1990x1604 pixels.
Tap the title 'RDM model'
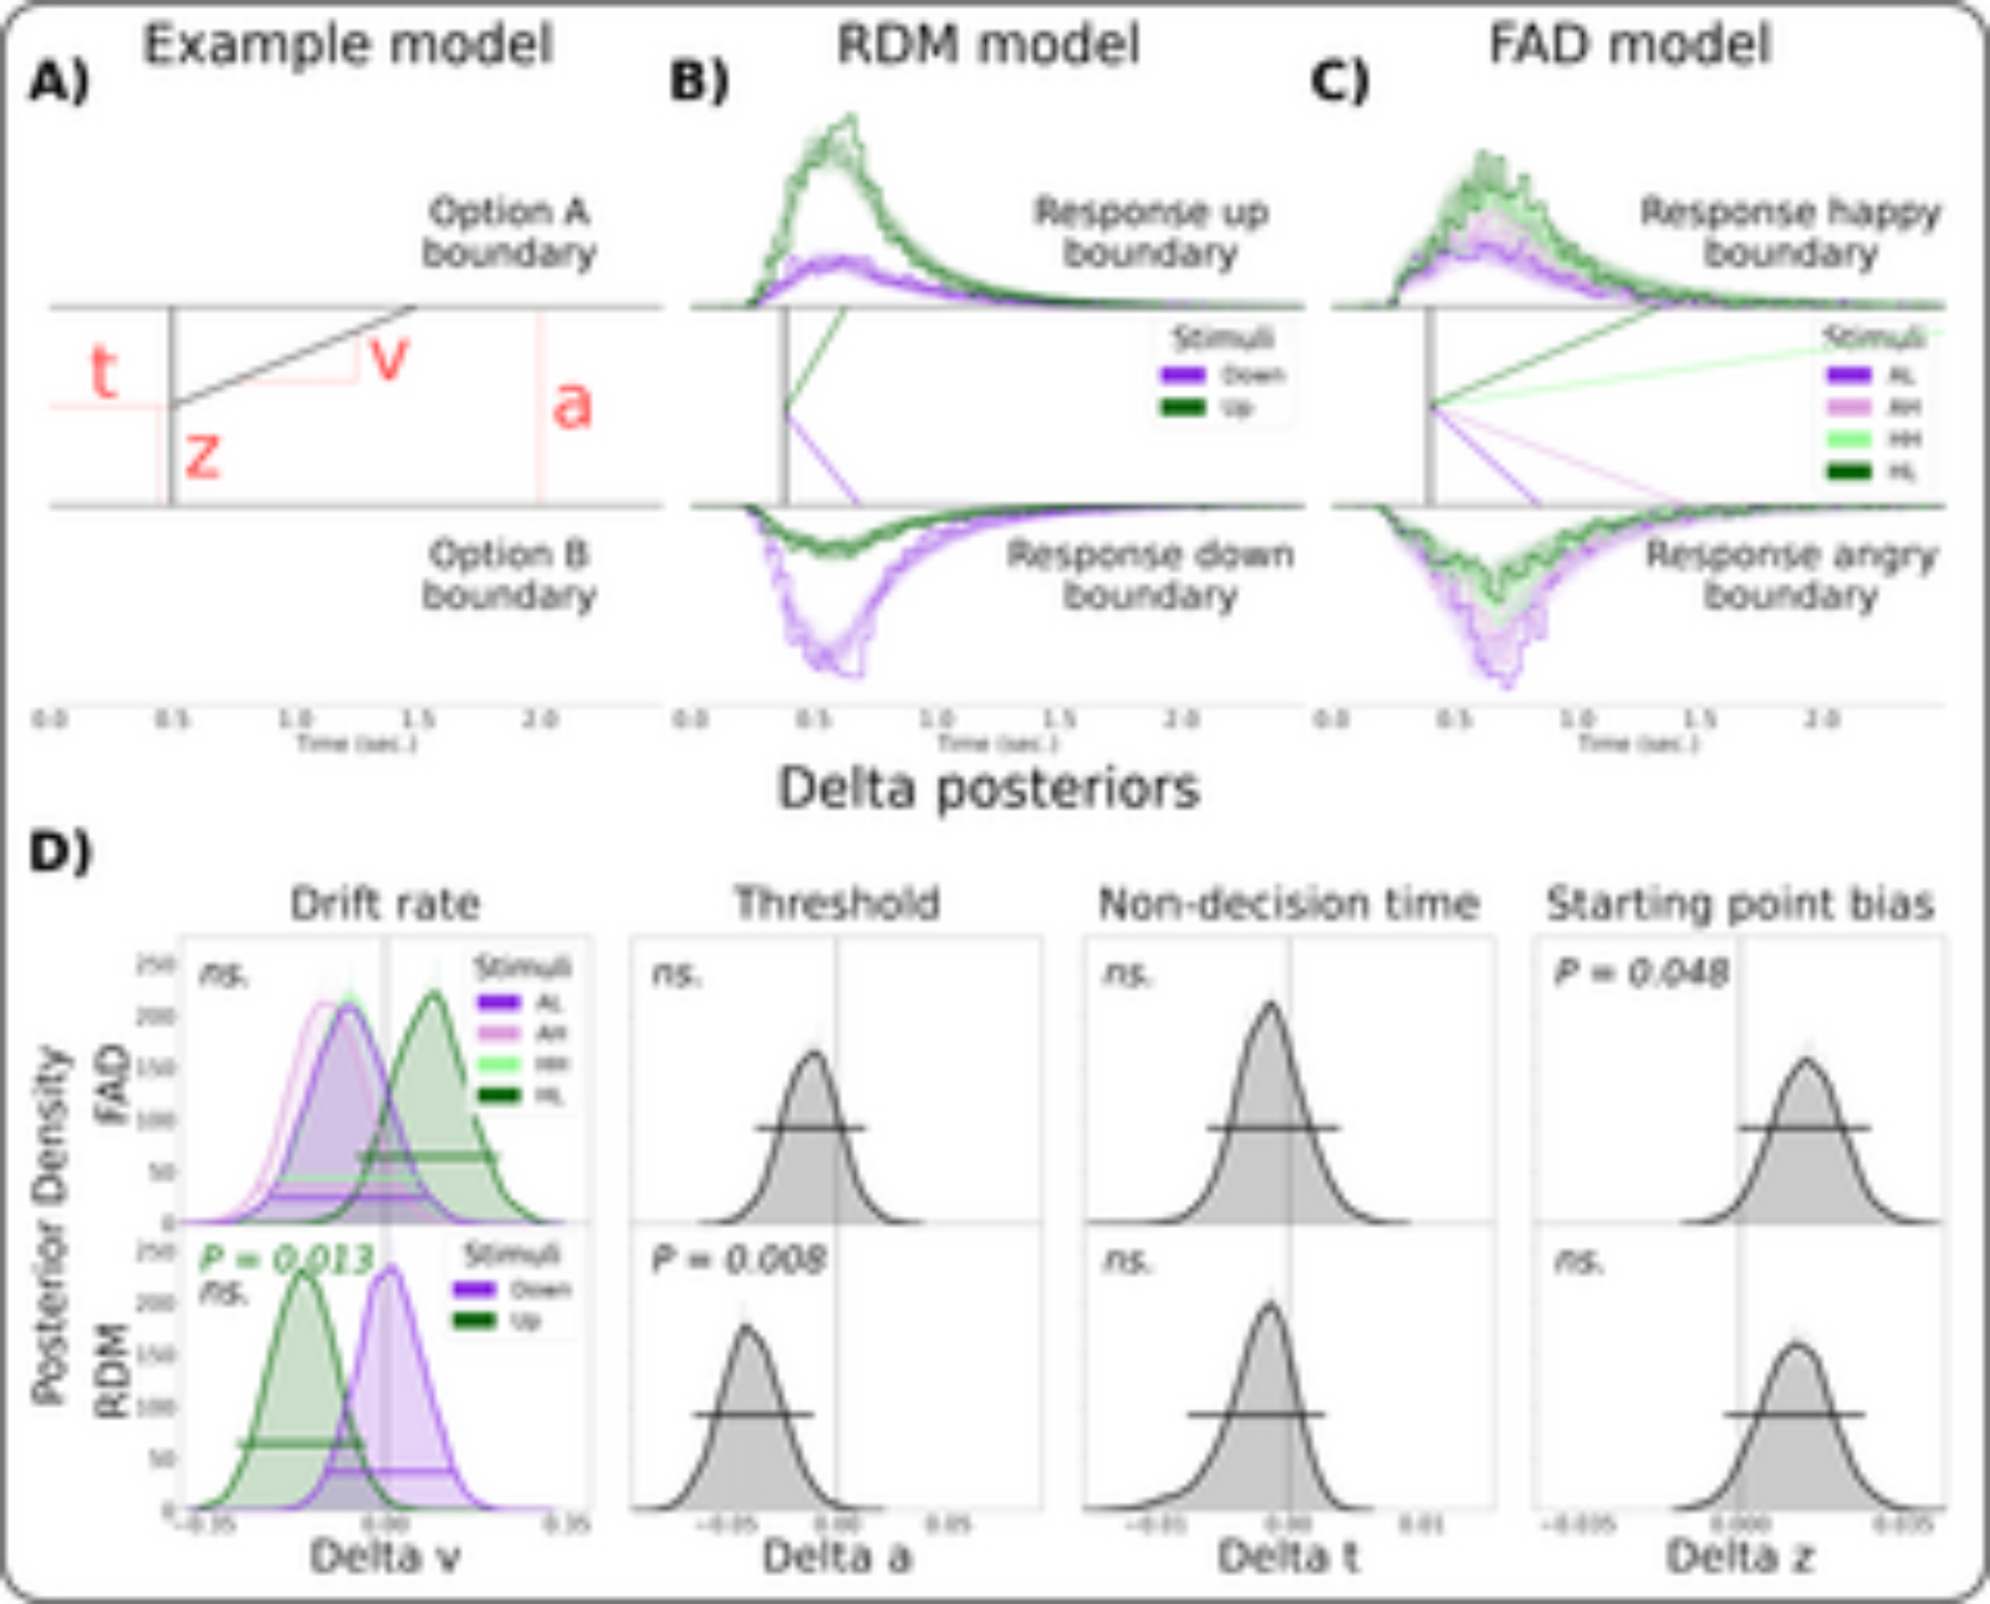pyautogui.click(x=987, y=45)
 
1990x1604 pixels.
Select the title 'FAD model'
pyautogui.click(x=1630, y=45)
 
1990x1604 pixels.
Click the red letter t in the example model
pyautogui.click(x=103, y=373)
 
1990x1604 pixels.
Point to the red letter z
pyautogui.click(x=202, y=456)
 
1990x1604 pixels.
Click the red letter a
pyautogui.click(x=572, y=405)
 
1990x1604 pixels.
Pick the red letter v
pyautogui.click(x=389, y=358)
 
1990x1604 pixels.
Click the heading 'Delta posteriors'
pyautogui.click(x=988, y=789)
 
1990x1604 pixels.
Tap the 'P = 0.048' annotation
pyautogui.click(x=1641, y=973)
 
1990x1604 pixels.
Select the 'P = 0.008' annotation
pyautogui.click(x=738, y=1261)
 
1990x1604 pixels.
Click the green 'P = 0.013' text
pyautogui.click(x=287, y=1260)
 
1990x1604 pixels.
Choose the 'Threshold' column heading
pyautogui.click(x=837, y=903)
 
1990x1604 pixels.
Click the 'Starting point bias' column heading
pyautogui.click(x=1739, y=903)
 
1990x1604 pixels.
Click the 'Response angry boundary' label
pyautogui.click(x=1791, y=575)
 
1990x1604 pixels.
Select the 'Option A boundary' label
pyautogui.click(x=509, y=232)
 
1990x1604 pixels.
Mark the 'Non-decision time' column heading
pyautogui.click(x=1289, y=903)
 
